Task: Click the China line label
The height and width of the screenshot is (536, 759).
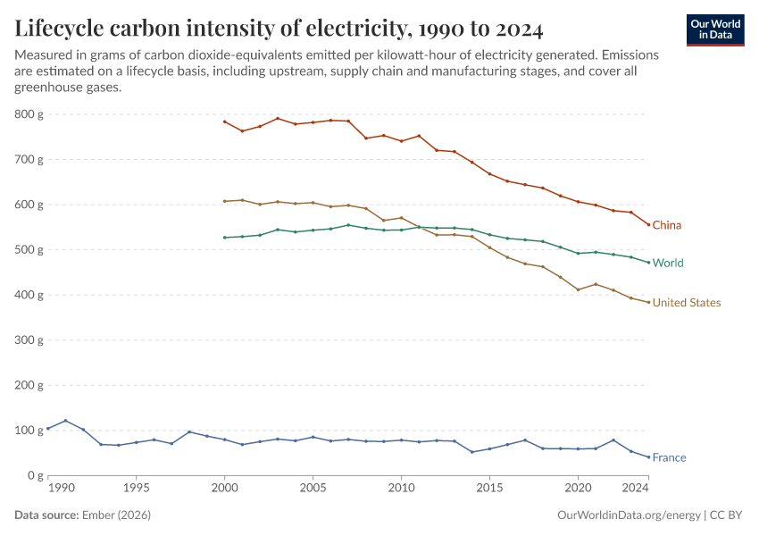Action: tap(666, 225)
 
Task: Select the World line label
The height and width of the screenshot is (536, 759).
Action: tap(668, 264)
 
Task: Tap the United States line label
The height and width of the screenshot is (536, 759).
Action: tap(686, 303)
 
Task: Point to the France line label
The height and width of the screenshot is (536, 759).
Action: tap(669, 457)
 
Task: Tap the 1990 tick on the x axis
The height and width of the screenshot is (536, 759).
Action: tap(61, 489)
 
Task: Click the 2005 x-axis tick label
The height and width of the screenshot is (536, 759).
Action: tap(313, 489)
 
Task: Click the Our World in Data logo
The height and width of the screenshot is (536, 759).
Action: tap(715, 29)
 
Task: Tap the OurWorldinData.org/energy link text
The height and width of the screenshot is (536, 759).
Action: tap(629, 515)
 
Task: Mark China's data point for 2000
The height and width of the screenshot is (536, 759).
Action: tap(224, 121)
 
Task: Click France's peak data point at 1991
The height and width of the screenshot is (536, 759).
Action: tap(65, 421)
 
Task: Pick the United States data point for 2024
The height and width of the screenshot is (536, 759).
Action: tap(648, 302)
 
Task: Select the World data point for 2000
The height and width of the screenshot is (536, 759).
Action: tap(224, 238)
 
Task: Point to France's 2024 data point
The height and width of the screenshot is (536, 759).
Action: tap(648, 457)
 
